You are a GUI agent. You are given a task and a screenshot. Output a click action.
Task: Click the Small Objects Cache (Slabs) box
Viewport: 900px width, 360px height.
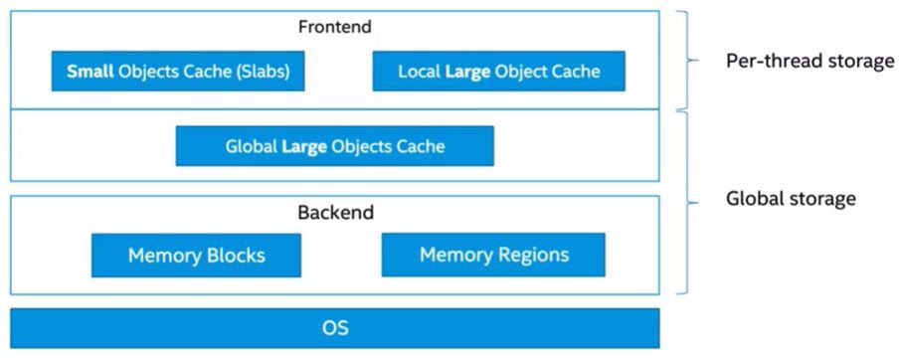[x=177, y=72]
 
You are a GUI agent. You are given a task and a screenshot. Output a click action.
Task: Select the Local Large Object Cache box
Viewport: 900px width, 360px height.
[x=498, y=72]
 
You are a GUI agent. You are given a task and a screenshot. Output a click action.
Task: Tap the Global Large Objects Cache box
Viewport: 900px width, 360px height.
[x=334, y=146]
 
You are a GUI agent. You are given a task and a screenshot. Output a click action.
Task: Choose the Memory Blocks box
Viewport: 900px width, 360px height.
[x=196, y=256]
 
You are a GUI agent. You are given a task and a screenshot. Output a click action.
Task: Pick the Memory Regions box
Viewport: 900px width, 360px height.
[x=493, y=255]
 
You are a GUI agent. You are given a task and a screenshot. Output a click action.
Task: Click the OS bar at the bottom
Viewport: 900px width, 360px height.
[x=334, y=328]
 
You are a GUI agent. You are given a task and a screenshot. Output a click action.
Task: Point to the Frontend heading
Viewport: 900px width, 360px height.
[x=334, y=28]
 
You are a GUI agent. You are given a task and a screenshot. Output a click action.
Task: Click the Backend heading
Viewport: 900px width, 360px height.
[x=335, y=213]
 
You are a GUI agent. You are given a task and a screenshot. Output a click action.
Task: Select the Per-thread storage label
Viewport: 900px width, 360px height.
[x=810, y=62]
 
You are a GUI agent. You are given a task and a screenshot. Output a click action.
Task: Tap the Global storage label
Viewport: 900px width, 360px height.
[x=791, y=199]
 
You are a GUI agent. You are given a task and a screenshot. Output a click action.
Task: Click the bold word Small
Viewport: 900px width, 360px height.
[x=89, y=72]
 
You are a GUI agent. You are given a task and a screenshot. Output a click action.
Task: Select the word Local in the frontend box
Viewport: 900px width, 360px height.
[x=419, y=72]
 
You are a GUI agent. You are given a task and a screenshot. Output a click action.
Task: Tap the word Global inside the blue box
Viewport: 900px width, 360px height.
[x=251, y=146]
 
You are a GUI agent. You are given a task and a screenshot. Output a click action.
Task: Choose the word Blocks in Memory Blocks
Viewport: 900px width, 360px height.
[x=234, y=256]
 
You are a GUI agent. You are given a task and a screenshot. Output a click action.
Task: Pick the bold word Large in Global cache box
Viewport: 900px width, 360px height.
[x=303, y=146]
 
